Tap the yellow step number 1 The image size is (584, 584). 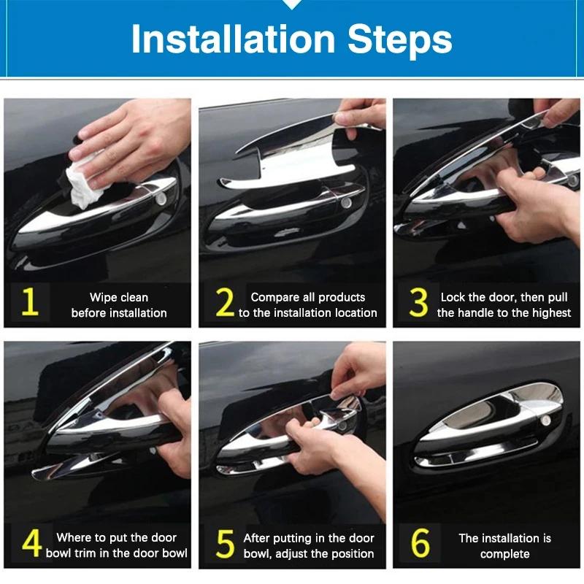pyautogui.click(x=29, y=304)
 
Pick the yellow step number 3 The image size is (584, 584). pyautogui.click(x=418, y=304)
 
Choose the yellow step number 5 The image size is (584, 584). pyautogui.click(x=226, y=545)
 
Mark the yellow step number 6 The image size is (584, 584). pyautogui.click(x=420, y=545)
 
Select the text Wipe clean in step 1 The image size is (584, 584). pyautogui.click(x=119, y=297)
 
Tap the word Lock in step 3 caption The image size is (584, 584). pyautogui.click(x=453, y=297)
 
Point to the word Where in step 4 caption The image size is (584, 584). pyautogui.click(x=74, y=537)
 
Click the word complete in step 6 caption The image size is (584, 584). pyautogui.click(x=504, y=553)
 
